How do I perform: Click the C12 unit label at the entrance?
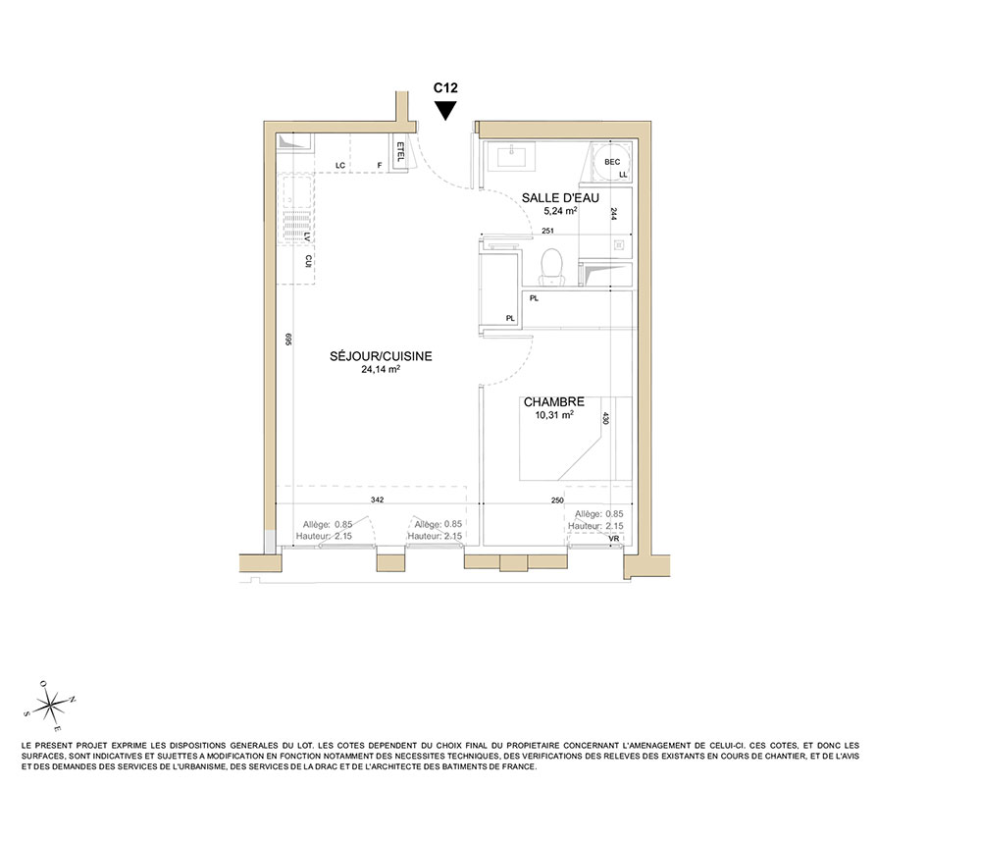(x=445, y=88)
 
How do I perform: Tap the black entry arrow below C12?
(x=445, y=111)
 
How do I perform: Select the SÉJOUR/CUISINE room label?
(x=381, y=356)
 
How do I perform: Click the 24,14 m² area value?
(x=381, y=369)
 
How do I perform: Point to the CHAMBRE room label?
(x=554, y=401)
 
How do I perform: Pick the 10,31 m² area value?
(x=554, y=415)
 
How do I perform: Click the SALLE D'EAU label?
(x=560, y=197)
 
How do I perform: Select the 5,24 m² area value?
(x=560, y=211)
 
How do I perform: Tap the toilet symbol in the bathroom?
(x=551, y=265)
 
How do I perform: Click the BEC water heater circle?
(x=612, y=162)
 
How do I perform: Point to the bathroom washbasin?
(x=516, y=155)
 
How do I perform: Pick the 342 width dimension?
(x=378, y=499)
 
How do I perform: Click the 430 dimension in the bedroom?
(x=605, y=418)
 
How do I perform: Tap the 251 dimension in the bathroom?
(x=547, y=231)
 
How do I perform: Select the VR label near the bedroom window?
(x=614, y=538)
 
